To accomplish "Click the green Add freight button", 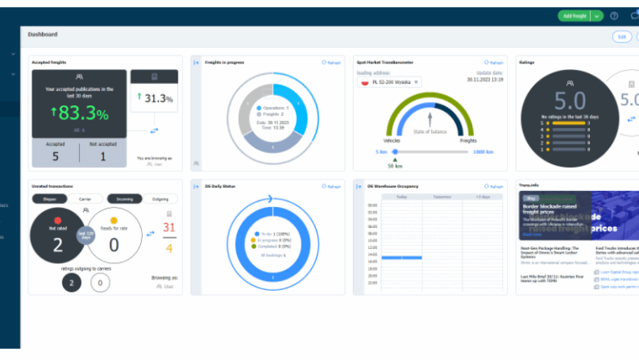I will [x=574, y=16].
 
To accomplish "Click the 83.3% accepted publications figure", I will [x=79, y=113].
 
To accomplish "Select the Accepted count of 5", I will [x=56, y=157].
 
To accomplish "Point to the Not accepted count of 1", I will [x=103, y=157].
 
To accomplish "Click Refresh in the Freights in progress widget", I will [x=331, y=62].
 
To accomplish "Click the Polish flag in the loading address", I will [x=364, y=82].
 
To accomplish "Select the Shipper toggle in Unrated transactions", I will [x=50, y=199].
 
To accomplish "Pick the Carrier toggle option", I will [x=85, y=199].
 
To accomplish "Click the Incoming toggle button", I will [x=125, y=199].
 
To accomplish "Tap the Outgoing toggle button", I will [x=160, y=199].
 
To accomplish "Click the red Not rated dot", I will [x=58, y=221].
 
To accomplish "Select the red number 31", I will [x=168, y=227].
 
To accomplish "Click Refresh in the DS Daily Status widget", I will [x=331, y=186].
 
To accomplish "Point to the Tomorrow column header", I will [x=441, y=197].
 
